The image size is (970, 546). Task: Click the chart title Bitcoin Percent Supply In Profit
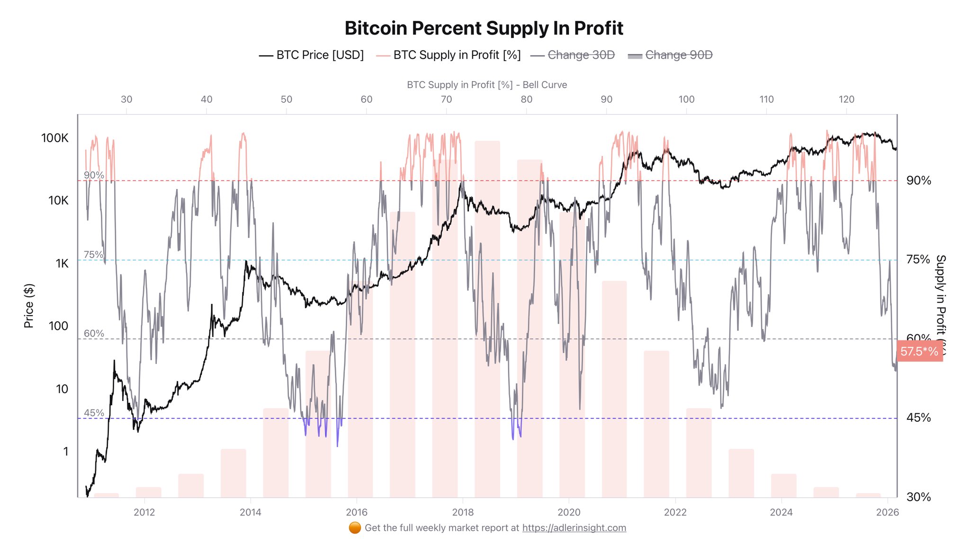[484, 28]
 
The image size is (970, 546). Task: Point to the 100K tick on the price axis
[55, 138]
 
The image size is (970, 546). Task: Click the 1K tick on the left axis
[62, 264]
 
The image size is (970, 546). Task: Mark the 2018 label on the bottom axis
[463, 512]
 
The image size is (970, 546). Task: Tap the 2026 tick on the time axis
[887, 512]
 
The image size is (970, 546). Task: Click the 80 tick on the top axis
[526, 100]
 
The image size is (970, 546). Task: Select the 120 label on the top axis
[846, 100]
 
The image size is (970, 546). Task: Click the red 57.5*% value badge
[919, 352]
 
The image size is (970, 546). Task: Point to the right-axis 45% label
[918, 418]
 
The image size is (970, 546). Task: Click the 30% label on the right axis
[918, 497]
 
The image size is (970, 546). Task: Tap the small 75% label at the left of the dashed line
[93, 255]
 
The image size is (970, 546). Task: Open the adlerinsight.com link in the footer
[574, 528]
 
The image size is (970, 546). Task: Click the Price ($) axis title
[29, 306]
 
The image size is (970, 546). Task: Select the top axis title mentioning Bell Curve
[486, 85]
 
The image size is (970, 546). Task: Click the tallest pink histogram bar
[487, 318]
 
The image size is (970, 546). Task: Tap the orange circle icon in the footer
[355, 528]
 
